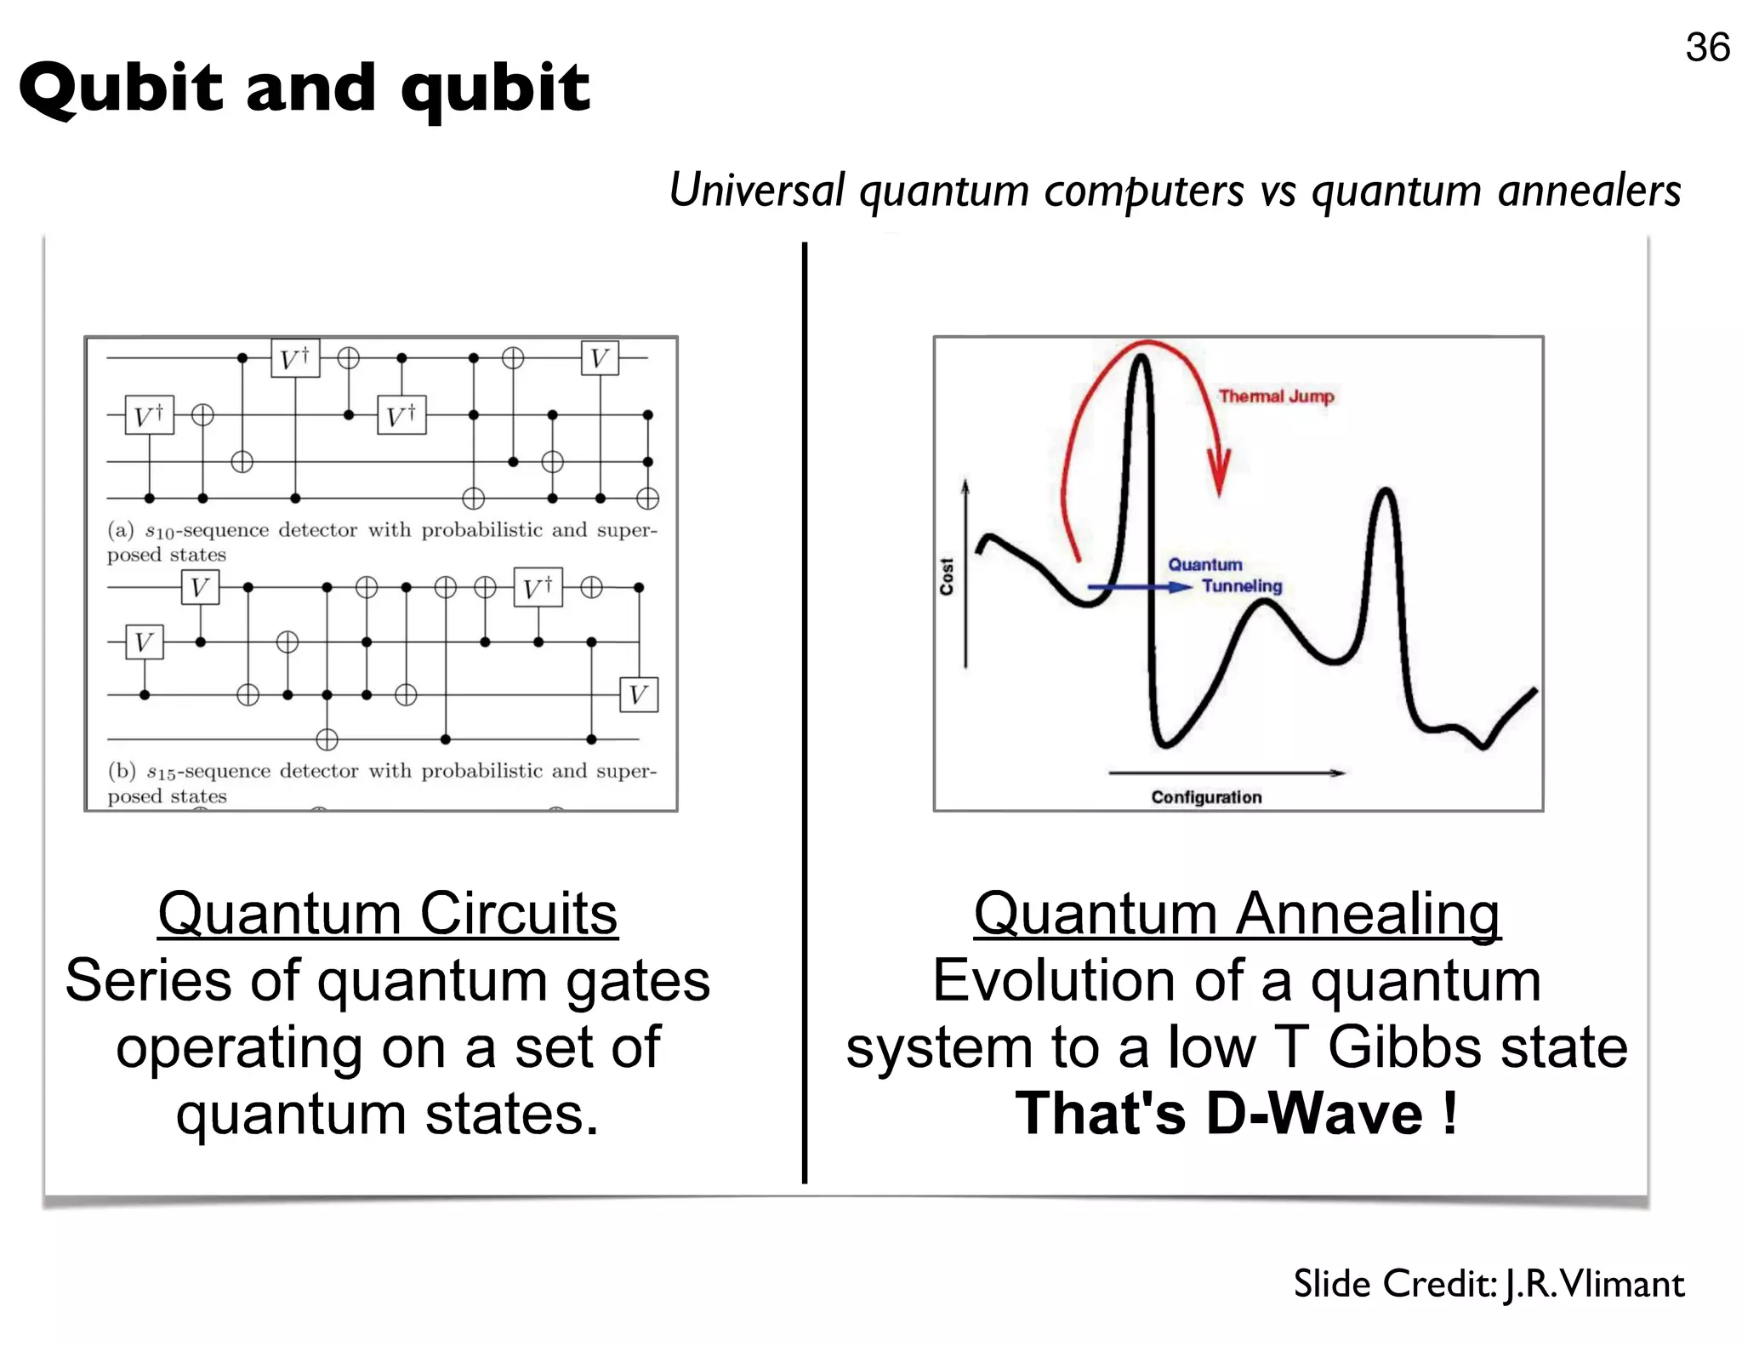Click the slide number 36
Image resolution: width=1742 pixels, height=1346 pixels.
1706,48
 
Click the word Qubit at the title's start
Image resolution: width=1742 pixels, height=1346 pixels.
120,89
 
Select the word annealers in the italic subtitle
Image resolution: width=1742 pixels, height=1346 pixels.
1589,191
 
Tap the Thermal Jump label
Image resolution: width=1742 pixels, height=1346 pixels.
1276,396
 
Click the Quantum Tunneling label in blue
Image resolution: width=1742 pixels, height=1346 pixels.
1225,576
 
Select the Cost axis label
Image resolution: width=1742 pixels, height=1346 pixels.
947,576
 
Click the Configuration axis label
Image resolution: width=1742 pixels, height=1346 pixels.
1206,797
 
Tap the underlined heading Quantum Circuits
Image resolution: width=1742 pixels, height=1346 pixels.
388,914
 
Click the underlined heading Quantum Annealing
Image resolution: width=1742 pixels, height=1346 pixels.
1237,914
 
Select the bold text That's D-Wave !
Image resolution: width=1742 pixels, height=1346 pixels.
1237,1113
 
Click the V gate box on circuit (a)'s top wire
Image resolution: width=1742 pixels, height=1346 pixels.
600,358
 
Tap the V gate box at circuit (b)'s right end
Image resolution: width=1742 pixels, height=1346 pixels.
638,695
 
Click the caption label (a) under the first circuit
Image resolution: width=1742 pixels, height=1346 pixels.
121,530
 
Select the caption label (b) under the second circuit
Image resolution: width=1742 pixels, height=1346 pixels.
122,771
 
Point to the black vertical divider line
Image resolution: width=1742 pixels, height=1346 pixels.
804,715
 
